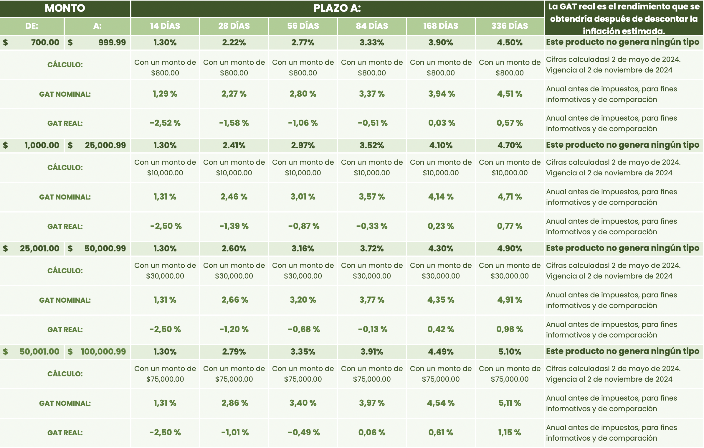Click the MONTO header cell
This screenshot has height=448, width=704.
point(65,8)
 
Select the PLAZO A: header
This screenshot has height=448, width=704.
point(337,8)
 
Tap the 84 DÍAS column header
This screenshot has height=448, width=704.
point(372,26)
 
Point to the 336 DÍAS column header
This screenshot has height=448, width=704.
point(510,26)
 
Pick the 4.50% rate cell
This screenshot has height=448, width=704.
point(510,42)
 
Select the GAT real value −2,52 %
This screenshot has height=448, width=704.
point(165,123)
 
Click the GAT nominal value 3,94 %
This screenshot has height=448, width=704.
point(441,94)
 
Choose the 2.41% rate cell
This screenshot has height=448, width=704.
point(234,145)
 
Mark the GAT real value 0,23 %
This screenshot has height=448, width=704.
point(441,226)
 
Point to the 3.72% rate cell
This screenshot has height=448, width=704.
point(372,248)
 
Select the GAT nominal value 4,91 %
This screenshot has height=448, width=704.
point(510,300)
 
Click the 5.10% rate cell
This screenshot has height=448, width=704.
point(510,352)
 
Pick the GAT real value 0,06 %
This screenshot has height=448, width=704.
point(372,432)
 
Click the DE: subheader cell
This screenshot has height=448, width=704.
point(32,26)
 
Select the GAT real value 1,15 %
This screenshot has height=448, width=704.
point(510,432)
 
